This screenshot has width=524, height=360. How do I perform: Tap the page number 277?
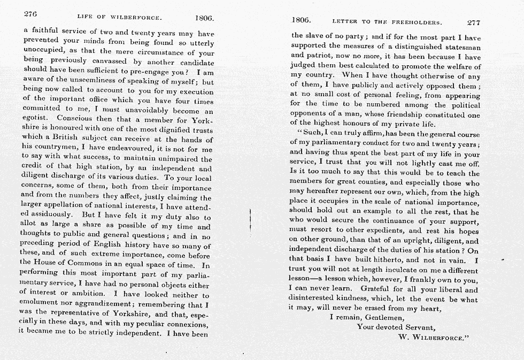(473, 22)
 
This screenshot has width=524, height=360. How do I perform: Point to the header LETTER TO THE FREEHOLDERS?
(387, 22)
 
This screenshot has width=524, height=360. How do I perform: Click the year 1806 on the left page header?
(204, 18)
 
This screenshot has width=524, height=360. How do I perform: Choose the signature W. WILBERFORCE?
(434, 338)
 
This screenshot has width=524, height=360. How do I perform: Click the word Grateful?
(377, 289)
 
